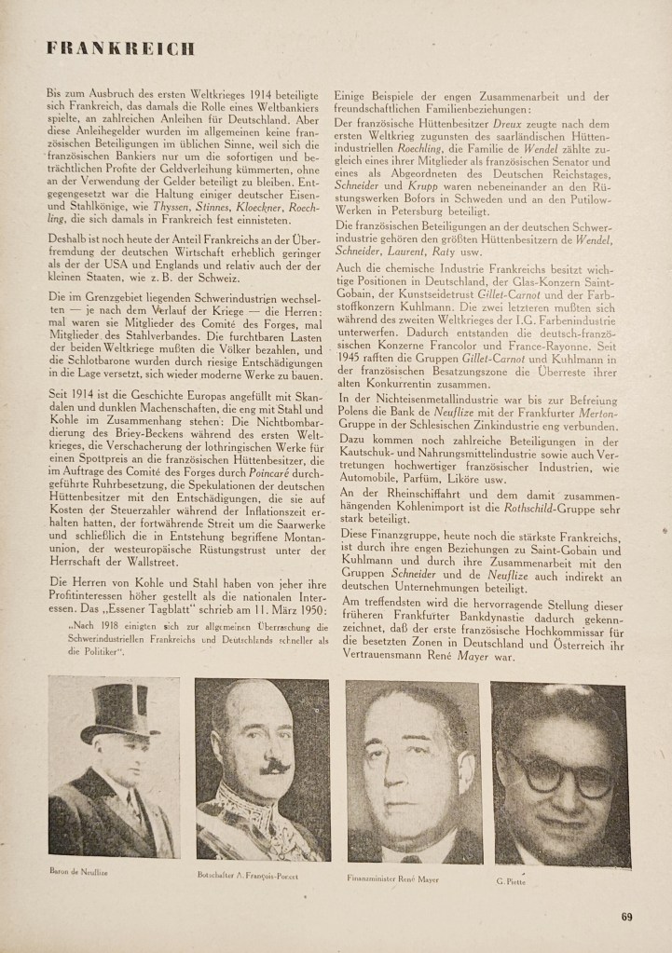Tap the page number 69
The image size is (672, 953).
627,916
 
